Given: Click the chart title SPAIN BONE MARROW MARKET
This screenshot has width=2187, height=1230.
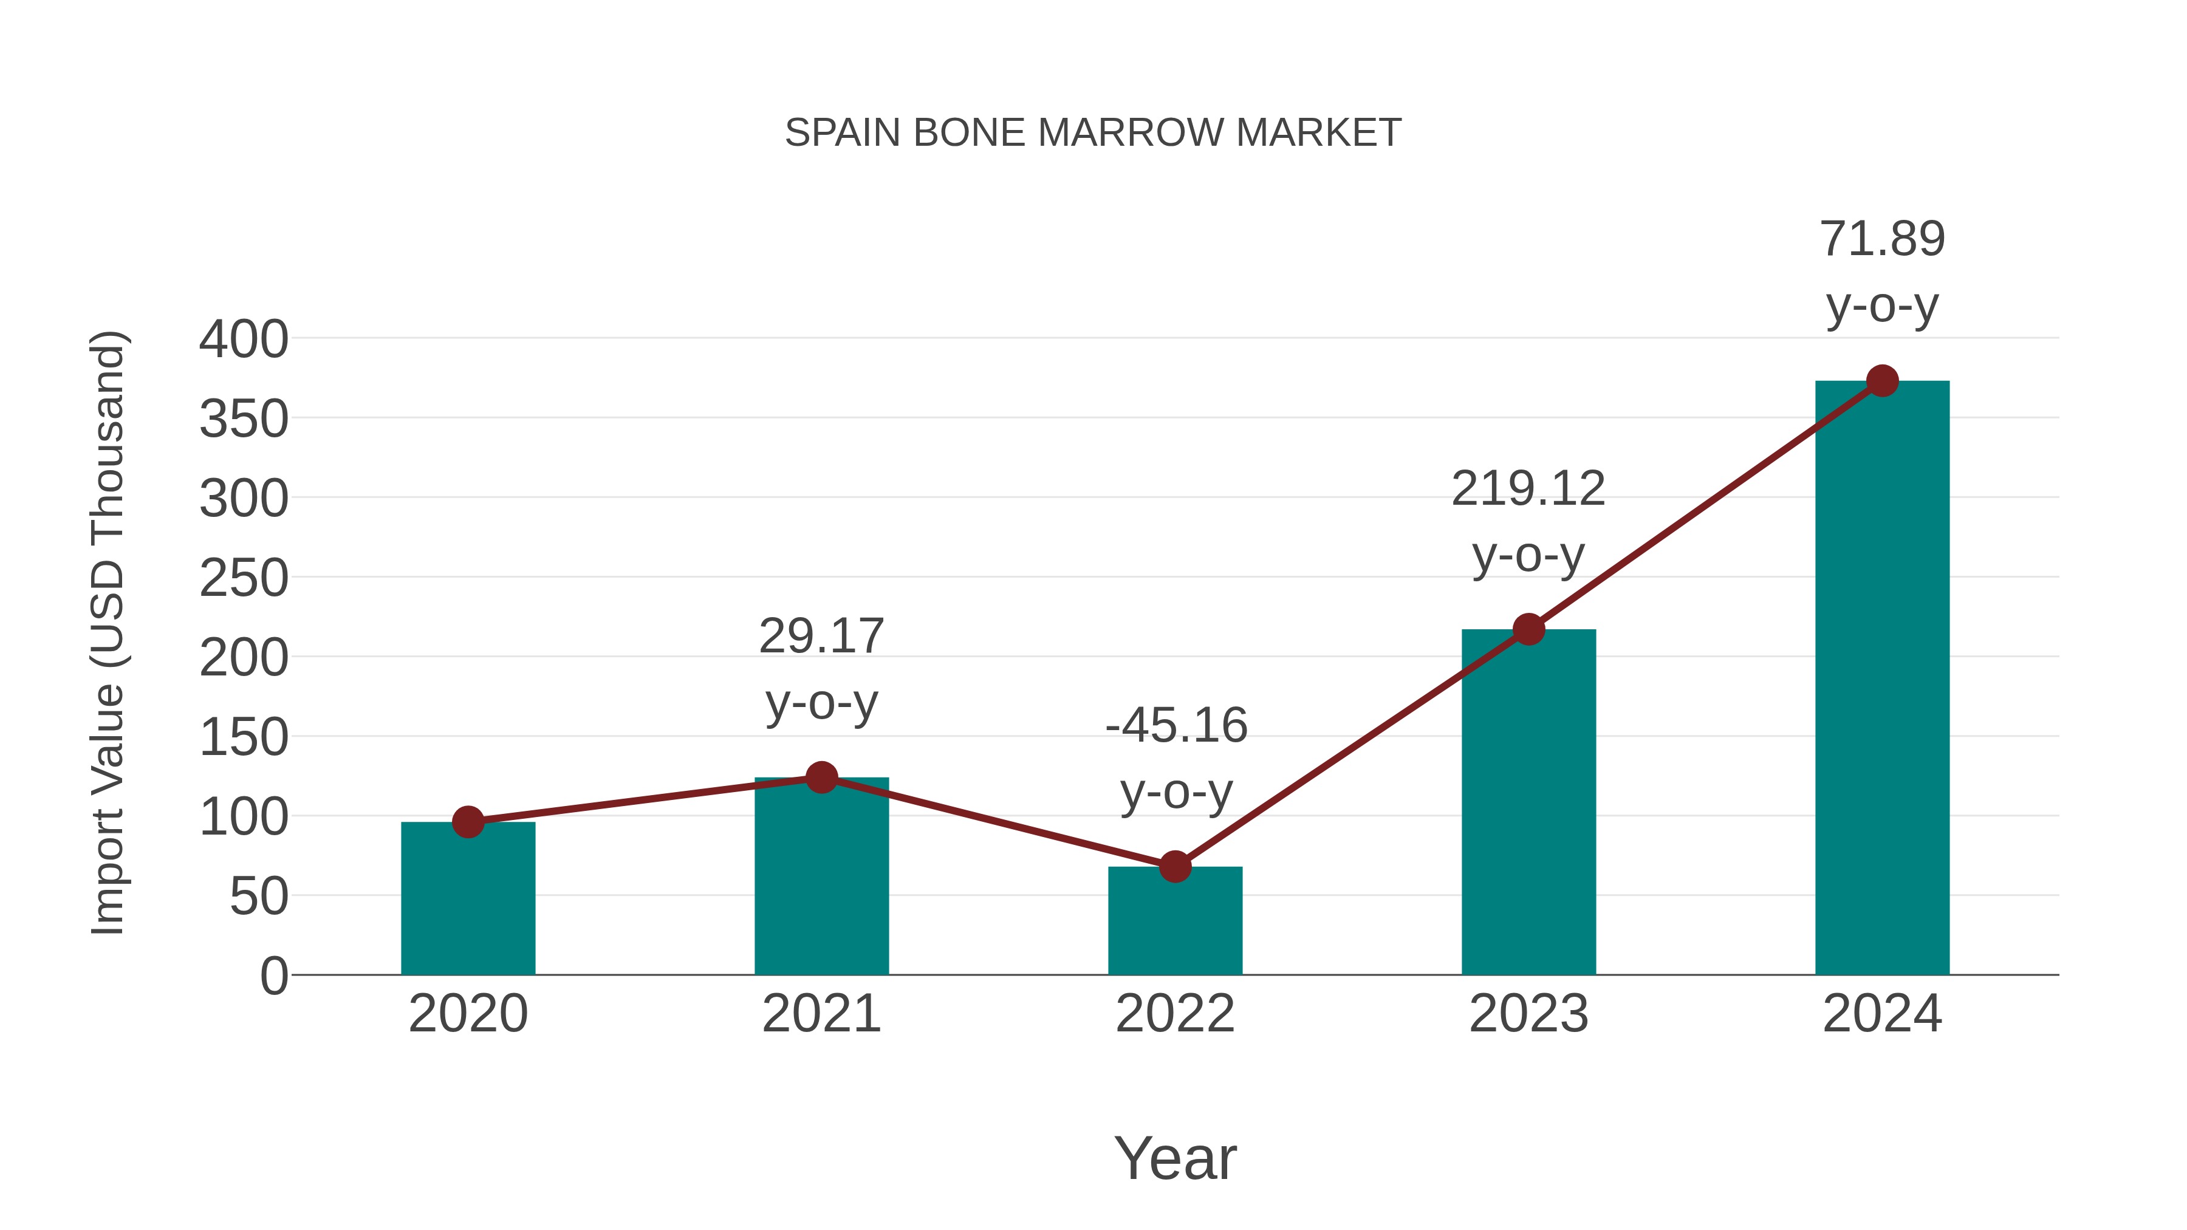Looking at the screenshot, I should click(x=1093, y=133).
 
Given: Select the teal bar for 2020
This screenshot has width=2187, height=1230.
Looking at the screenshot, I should click(x=468, y=900).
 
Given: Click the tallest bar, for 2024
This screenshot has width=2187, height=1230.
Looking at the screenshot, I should click(x=1882, y=679).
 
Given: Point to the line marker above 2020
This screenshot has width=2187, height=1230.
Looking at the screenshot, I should click(x=468, y=822).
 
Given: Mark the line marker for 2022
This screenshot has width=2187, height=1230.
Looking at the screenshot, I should click(x=1175, y=867).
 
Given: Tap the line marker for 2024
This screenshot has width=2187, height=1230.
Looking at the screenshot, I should click(x=1882, y=381).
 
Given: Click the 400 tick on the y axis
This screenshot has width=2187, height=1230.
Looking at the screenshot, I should click(x=244, y=340).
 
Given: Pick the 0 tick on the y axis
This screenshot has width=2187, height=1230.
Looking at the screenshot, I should click(x=273, y=976).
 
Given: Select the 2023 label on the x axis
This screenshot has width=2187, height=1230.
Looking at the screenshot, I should click(x=1528, y=1014).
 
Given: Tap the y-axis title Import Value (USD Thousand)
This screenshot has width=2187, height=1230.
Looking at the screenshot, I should click(x=108, y=632).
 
